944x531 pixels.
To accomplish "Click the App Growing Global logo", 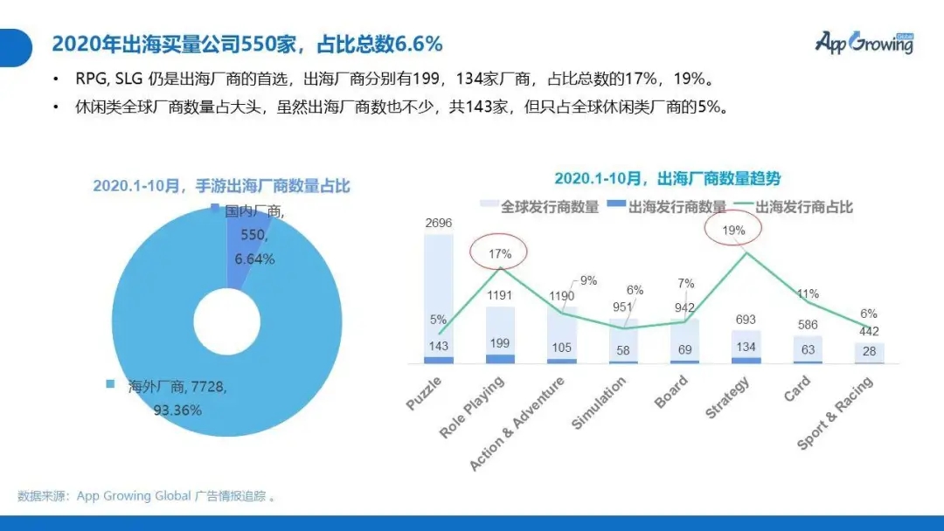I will pyautogui.click(x=864, y=41).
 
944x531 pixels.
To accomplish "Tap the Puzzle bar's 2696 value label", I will pyautogui.click(x=438, y=223).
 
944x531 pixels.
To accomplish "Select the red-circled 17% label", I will pyautogui.click(x=499, y=253).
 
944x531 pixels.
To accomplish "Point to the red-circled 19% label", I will pyautogui.click(x=734, y=231).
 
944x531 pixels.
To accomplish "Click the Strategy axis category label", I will pyautogui.click(x=727, y=397).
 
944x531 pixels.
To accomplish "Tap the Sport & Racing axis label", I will pyautogui.click(x=834, y=414).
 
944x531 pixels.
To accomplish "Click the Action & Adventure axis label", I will pyautogui.click(x=517, y=423).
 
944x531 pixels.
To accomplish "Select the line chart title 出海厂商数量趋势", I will pyautogui.click(x=667, y=178).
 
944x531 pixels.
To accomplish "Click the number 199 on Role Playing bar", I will pyautogui.click(x=500, y=343).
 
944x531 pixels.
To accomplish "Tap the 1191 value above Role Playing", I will pyautogui.click(x=500, y=294).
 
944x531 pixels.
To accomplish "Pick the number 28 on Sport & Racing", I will pyautogui.click(x=869, y=350).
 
